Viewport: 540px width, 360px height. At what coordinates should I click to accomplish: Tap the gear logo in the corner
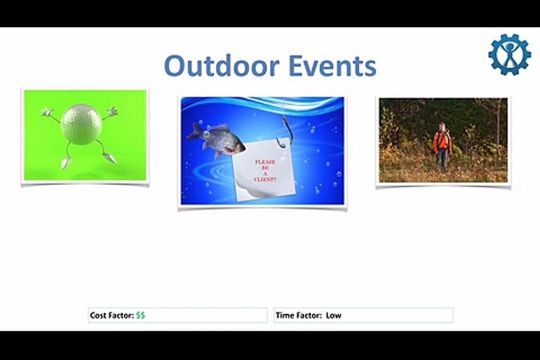509,54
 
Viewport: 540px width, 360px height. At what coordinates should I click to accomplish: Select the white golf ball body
81,124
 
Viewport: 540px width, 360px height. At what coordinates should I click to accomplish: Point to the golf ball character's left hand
47,111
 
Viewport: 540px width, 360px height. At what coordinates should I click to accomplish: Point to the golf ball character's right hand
113,111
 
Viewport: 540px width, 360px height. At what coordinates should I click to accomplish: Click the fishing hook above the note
286,132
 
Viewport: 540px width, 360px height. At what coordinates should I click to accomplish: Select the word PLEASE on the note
265,162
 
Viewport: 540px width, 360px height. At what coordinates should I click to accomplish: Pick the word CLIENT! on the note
265,179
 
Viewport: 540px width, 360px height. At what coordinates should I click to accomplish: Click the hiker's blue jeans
441,160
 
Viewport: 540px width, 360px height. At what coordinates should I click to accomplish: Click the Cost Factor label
112,315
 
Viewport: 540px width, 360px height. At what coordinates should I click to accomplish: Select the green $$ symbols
140,315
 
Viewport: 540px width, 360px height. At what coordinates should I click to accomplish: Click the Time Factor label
298,315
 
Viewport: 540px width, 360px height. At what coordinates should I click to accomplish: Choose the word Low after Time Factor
333,315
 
